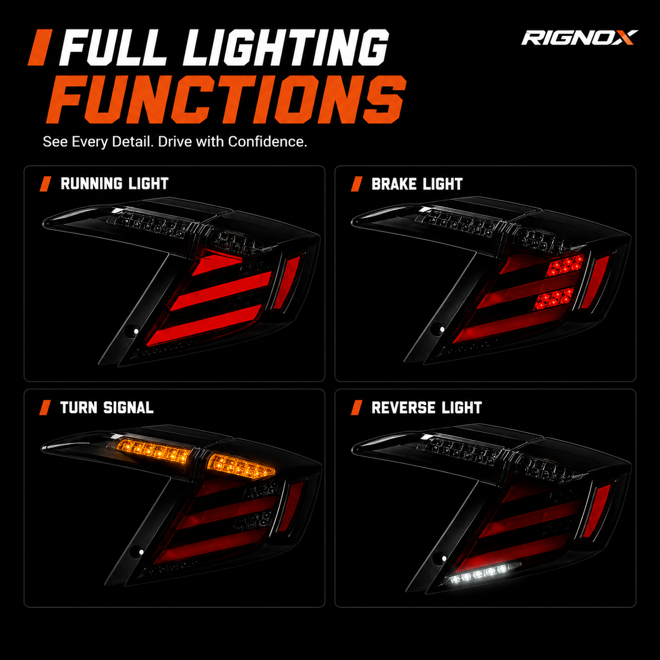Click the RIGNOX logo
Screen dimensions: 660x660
579,38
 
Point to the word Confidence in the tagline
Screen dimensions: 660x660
267,142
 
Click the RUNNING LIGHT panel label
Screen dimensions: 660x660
114,184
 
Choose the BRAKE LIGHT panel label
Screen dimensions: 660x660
417,184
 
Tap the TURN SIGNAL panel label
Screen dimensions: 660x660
107,407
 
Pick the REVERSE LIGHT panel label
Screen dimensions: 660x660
426,407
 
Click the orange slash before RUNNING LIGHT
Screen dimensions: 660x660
45,184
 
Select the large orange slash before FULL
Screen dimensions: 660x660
40,47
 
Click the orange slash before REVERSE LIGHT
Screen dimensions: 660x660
356,407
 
